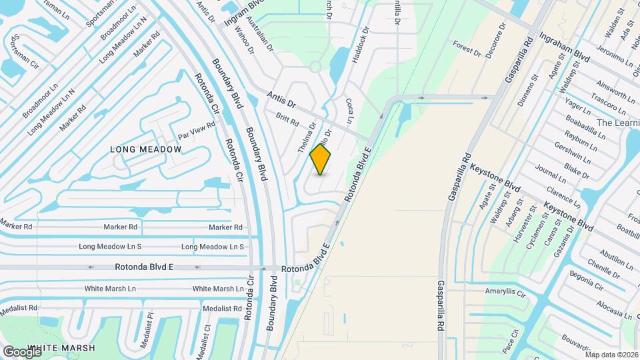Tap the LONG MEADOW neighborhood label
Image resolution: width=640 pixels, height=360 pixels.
(146, 149)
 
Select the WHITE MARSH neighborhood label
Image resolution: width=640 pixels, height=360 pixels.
(62, 348)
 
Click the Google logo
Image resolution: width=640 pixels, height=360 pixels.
(21, 352)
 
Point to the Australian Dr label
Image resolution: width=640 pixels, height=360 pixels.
(259, 35)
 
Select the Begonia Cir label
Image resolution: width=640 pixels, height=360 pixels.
(586, 280)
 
